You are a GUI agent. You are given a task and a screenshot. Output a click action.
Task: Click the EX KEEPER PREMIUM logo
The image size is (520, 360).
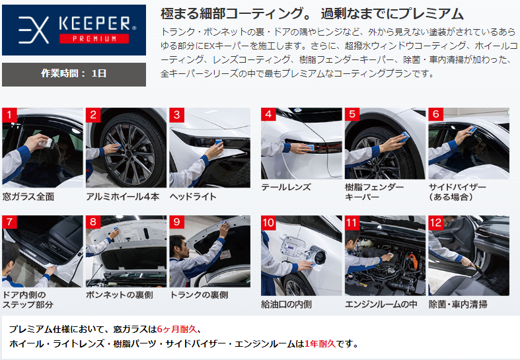[x=74, y=30]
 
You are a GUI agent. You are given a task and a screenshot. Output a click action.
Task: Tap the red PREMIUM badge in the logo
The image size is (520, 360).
[x=94, y=38]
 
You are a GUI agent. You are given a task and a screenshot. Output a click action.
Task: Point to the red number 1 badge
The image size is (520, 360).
[x=9, y=115]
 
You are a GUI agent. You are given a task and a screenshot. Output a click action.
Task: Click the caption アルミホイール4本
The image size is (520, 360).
[x=123, y=197]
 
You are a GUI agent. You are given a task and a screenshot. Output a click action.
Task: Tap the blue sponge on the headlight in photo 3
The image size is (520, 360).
[x=219, y=143]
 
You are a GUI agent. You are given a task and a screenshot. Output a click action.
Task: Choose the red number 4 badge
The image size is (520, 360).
[x=268, y=114]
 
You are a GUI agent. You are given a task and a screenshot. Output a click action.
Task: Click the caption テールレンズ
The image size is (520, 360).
[x=286, y=188]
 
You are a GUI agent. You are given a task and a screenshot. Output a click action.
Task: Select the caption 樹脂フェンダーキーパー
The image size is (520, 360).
[x=374, y=192]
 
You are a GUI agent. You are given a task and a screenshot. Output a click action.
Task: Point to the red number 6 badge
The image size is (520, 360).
[x=436, y=114]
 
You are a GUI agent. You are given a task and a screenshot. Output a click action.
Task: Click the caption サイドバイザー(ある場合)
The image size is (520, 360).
[x=457, y=192]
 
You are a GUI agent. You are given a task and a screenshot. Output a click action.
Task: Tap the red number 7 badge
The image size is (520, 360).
[x=9, y=222]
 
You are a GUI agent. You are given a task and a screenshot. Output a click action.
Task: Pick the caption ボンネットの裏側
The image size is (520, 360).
[x=120, y=295]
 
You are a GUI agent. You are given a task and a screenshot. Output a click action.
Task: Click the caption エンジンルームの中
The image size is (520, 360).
[x=381, y=305]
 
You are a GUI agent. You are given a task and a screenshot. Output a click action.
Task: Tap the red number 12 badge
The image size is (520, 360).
[x=436, y=223]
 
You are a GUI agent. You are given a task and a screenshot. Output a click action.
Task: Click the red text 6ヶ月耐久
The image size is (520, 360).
[x=176, y=329]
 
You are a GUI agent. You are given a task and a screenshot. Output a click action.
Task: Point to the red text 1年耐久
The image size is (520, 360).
[x=320, y=343]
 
